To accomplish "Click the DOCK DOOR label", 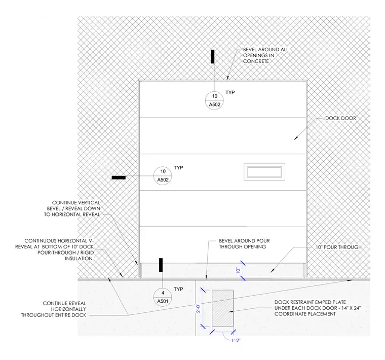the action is pos(340,118).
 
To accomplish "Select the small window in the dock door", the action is pos(264,172).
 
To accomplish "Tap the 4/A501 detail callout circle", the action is pos(163,297).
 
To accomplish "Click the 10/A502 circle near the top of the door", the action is pos(214,100).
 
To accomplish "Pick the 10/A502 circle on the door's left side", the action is pos(163,175).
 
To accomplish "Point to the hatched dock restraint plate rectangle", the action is pos(223,308).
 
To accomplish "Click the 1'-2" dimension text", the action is pos(236,340).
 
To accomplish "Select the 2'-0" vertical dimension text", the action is pos(199,308).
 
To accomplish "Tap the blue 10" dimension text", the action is pos(238,271).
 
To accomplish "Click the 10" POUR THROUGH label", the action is pos(338,247).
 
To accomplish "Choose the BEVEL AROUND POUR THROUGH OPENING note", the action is pos(244,244).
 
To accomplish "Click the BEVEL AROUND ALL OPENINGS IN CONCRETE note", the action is pos(265,55).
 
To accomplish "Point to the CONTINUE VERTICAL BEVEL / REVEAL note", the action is pos(72,208).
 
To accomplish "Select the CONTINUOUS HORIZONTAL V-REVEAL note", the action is pos(55,249).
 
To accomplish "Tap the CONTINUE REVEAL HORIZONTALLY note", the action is pos(54,309).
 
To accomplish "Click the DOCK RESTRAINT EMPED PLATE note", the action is pos(318,308).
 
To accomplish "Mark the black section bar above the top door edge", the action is pos(212,56).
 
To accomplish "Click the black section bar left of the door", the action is pos(119,177).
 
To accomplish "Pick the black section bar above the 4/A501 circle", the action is pos(161,265).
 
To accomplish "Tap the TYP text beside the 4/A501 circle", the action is pos(178,289).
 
